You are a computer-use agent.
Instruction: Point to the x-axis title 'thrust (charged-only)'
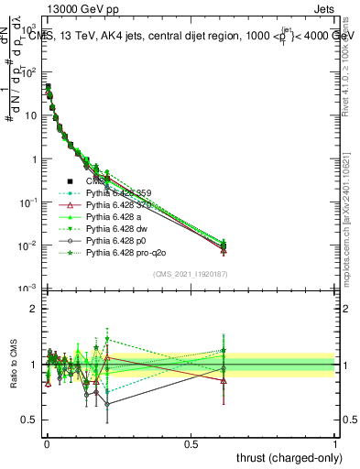click(x=285, y=457)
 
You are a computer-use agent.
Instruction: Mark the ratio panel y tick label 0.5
click(x=28, y=420)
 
